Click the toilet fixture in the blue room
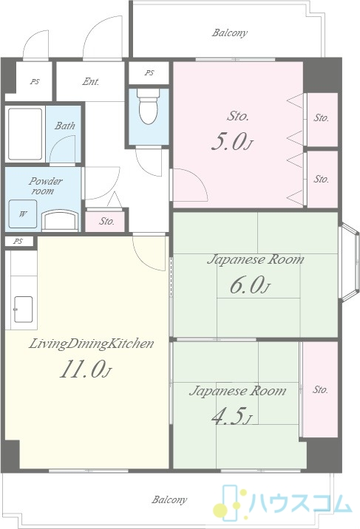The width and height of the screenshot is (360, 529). pos(149,106)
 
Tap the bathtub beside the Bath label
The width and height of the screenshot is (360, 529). pos(25,134)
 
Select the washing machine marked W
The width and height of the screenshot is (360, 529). pos(23,214)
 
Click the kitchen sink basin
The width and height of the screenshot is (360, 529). pos(23,309)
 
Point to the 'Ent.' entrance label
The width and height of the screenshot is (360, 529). pos(91,82)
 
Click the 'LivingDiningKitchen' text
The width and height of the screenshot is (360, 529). pos(91,344)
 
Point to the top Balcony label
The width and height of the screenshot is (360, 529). pos(229,33)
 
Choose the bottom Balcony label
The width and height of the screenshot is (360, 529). pos(169,499)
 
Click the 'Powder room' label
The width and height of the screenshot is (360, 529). pos(45,186)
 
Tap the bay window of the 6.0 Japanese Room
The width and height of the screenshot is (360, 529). pos(349,262)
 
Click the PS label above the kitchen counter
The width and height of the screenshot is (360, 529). pos(18,241)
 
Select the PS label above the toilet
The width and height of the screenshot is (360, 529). pos(149,72)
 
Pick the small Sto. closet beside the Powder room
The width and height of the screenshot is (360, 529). pos(106,222)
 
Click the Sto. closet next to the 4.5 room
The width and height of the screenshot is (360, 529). pos(320,389)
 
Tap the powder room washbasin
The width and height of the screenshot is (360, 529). pos(60,220)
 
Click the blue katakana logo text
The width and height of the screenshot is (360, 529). pos(300,504)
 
